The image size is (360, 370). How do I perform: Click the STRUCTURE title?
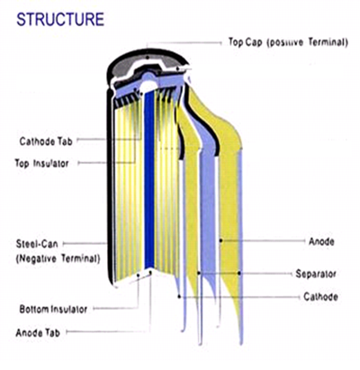pos(60,20)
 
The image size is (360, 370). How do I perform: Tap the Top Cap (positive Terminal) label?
pos(288,42)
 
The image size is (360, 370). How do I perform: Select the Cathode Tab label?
pos(46,141)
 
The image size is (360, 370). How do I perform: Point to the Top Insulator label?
pos(41,164)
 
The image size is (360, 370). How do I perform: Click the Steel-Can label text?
pos(37,244)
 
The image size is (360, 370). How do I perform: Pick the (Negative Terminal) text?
pos(58,258)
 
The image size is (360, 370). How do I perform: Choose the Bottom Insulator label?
pos(53,309)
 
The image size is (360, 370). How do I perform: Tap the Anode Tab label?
pos(38,332)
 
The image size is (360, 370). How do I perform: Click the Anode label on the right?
pos(321,241)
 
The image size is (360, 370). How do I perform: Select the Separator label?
pos(316,274)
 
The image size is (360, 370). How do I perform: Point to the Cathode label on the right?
pos(320,297)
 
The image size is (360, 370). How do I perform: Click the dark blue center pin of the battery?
pos(149,180)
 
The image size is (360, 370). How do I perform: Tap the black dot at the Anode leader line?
pos(220,240)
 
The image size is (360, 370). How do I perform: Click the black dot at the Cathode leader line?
pos(179,297)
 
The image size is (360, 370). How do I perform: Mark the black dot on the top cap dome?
pos(148,57)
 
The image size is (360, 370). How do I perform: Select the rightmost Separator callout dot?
pos(239,273)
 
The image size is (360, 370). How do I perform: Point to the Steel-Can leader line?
pos(85,244)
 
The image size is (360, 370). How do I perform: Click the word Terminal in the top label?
pos(328,42)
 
